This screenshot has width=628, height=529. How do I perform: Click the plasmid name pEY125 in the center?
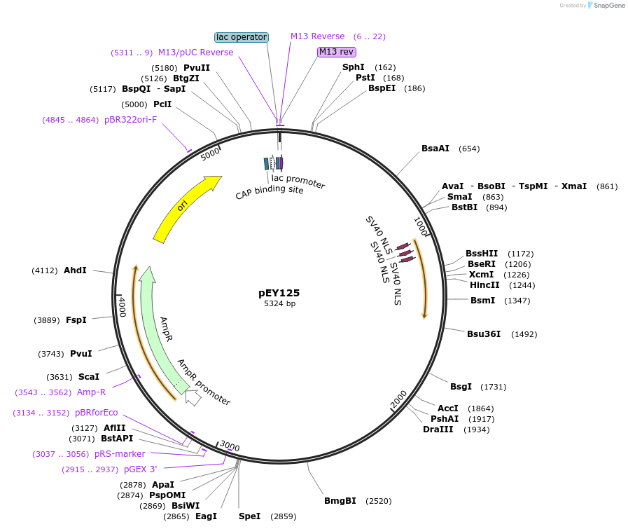pyautogui.click(x=279, y=293)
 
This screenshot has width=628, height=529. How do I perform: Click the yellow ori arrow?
pyautogui.click(x=185, y=207)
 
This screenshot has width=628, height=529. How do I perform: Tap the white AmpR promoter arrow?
pyautogui.click(x=193, y=397)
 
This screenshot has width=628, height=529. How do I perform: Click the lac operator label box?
pyautogui.click(x=242, y=36)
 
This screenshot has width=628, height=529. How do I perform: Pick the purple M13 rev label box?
pyautogui.click(x=337, y=52)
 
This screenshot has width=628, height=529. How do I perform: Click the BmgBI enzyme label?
pyautogui.click(x=340, y=501)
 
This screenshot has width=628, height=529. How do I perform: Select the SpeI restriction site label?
pyautogui.click(x=249, y=516)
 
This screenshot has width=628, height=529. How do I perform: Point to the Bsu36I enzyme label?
pyautogui.click(x=484, y=334)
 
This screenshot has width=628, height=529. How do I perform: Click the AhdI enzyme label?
pyautogui.click(x=75, y=270)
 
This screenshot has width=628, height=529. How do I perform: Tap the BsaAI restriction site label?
pyautogui.click(x=435, y=149)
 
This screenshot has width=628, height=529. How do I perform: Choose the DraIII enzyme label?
pyautogui.click(x=438, y=430)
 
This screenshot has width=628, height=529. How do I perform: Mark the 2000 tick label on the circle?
pyautogui.click(x=398, y=399)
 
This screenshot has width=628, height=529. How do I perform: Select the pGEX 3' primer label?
pyautogui.click(x=141, y=469)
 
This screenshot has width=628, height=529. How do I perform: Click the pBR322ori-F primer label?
pyautogui.click(x=130, y=120)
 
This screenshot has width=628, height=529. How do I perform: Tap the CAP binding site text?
pyautogui.click(x=270, y=190)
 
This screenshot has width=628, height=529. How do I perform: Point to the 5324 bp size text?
pyautogui.click(x=279, y=304)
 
